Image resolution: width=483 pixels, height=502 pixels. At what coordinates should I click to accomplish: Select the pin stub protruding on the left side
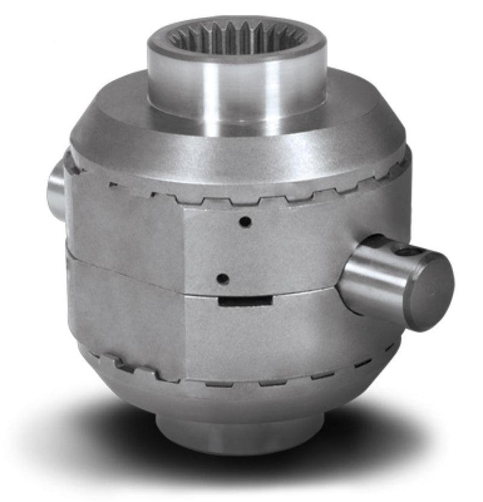coord(56,185)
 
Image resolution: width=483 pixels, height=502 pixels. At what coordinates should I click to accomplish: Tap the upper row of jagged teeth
coord(236,197)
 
